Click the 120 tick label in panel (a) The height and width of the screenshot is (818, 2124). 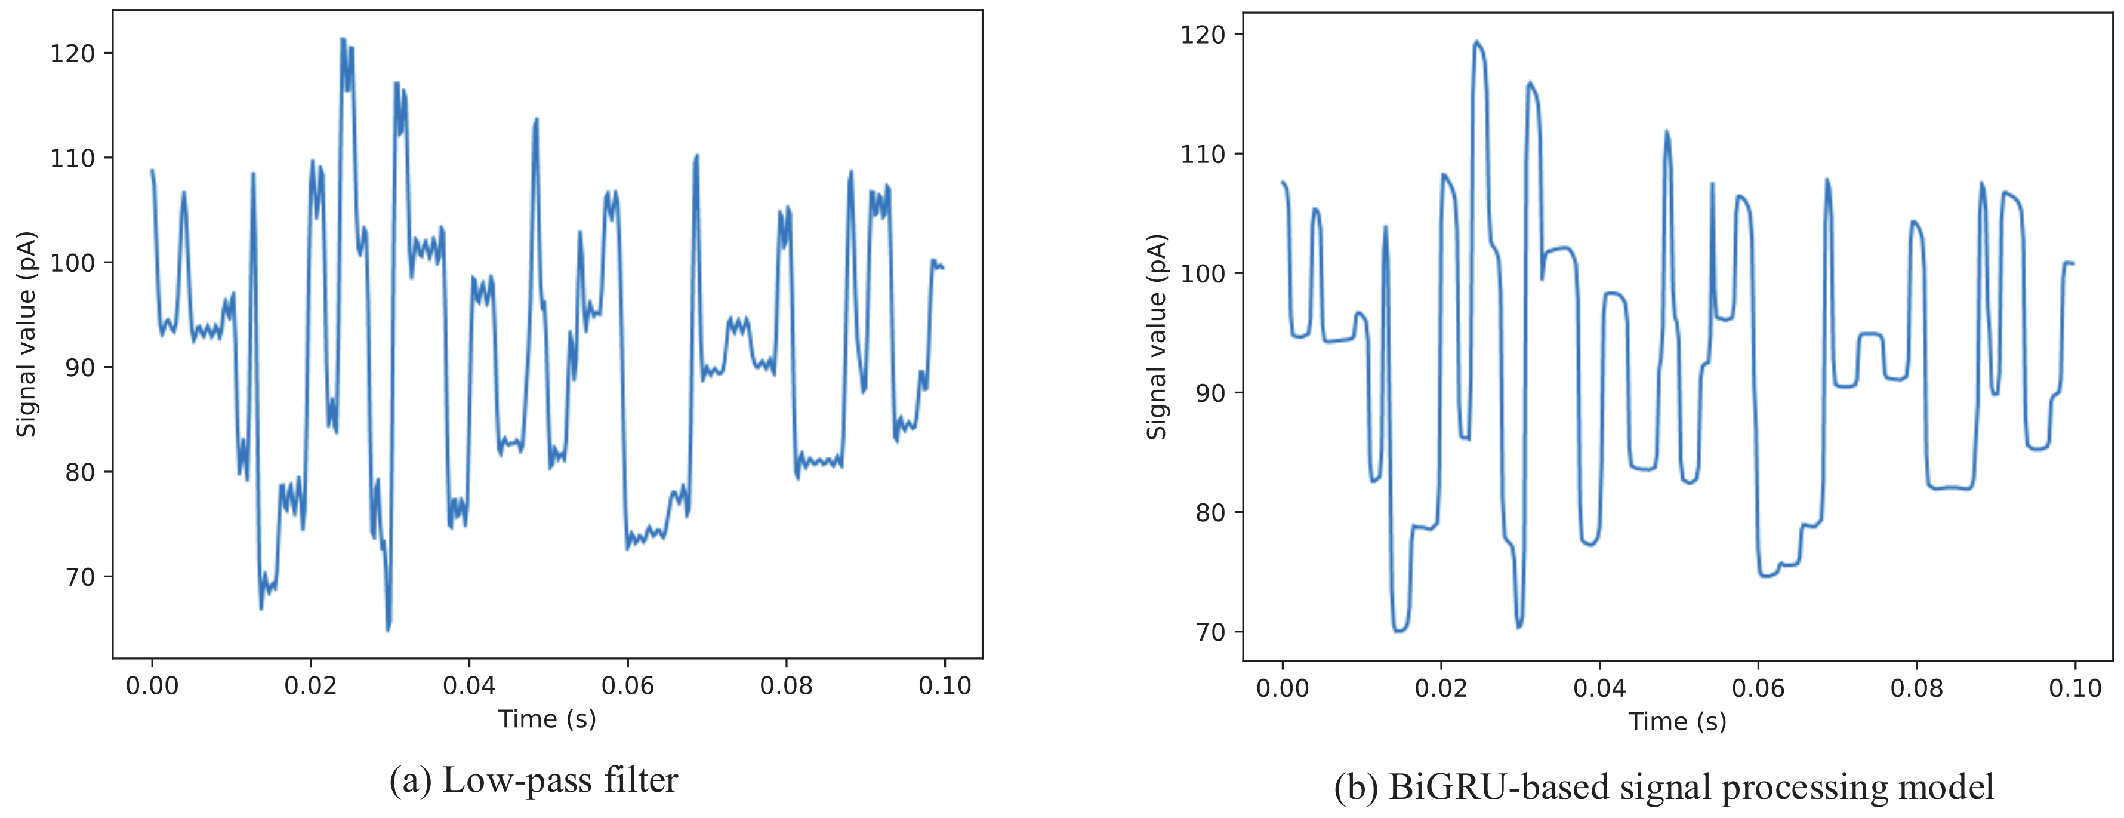pyautogui.click(x=73, y=54)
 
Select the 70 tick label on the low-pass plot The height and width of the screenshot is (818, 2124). pyautogui.click(x=80, y=577)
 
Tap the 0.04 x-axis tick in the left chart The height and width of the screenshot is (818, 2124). pyautogui.click(x=469, y=686)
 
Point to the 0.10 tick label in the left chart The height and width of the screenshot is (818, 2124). pyautogui.click(x=945, y=686)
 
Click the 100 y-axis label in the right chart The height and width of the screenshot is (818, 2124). pyautogui.click(x=1203, y=274)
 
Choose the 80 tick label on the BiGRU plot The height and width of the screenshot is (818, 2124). pyautogui.click(x=1210, y=513)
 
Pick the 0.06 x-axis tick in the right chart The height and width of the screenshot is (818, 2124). pyautogui.click(x=1758, y=688)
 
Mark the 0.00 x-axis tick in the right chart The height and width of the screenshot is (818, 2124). pyautogui.click(x=1282, y=688)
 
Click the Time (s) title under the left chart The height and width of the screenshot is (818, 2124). pyautogui.click(x=547, y=719)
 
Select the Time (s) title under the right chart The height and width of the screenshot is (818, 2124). pyautogui.click(x=1677, y=721)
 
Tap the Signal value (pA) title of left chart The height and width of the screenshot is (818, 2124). pyautogui.click(x=27, y=334)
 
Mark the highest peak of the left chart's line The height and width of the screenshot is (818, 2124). pyautogui.click(x=343, y=39)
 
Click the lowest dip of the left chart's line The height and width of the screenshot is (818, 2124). pyautogui.click(x=387, y=630)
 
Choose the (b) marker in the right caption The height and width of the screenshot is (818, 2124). pyautogui.click(x=1355, y=788)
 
